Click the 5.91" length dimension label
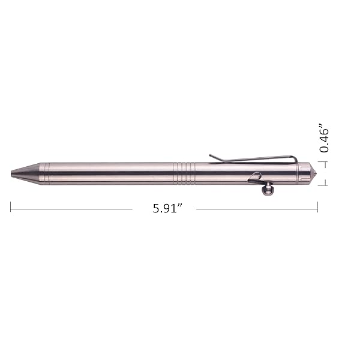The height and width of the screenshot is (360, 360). point(167,208)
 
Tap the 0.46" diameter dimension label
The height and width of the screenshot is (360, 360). point(324,139)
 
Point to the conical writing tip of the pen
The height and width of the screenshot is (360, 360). point(25,173)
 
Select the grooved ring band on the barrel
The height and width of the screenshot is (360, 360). point(184,173)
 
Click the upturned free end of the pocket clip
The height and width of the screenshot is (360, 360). point(212,157)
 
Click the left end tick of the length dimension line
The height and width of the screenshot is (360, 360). point(11,206)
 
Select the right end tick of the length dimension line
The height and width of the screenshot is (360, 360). point(318,206)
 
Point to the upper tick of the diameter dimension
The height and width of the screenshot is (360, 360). point(323,162)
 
